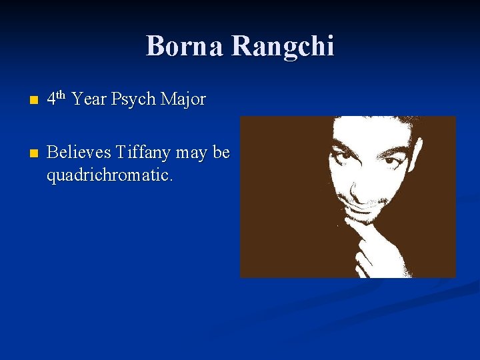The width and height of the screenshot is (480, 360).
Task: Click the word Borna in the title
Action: (185, 46)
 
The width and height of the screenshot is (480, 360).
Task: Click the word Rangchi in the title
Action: (283, 46)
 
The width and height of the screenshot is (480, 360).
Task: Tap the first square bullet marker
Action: (25, 101)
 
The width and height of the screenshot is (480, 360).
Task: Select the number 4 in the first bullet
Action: (51, 100)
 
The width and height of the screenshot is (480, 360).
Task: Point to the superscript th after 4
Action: (61, 95)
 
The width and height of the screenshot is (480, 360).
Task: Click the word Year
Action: (89, 100)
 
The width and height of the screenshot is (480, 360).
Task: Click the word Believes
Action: (79, 153)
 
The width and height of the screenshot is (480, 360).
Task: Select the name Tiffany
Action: (145, 153)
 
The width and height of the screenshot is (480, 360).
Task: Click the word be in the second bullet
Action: (222, 153)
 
